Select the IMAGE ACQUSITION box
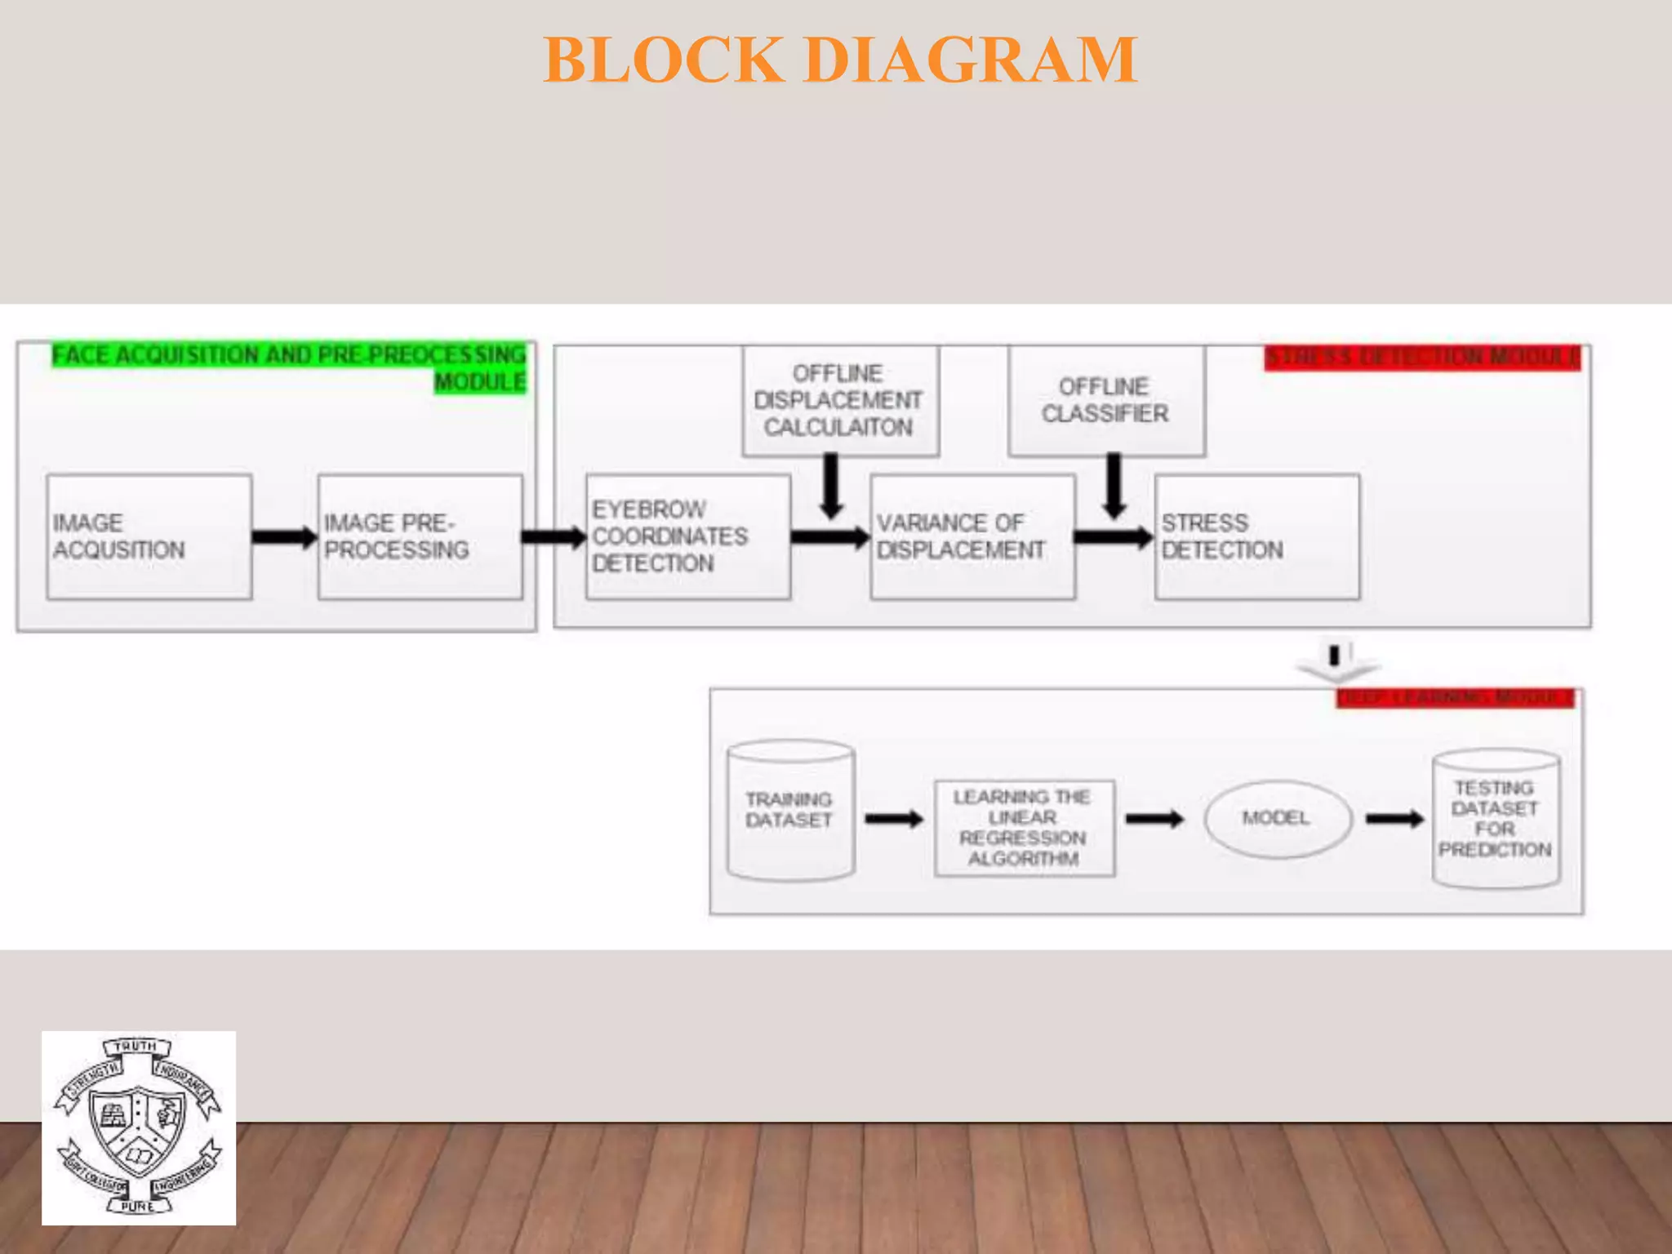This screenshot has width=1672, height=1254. pos(149,536)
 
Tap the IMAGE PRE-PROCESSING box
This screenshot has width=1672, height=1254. pos(420,536)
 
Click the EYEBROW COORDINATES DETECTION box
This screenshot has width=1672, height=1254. pos(687,536)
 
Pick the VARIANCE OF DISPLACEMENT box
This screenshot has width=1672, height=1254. pos(972,536)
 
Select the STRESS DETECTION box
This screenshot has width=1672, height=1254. pos(1256,536)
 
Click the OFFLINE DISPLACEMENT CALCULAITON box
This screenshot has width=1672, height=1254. pos(840,400)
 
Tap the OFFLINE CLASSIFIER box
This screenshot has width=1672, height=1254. pos(1106,400)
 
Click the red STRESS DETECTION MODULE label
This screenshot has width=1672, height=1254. pos(1421,358)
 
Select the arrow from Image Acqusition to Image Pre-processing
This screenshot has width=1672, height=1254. pos(283,536)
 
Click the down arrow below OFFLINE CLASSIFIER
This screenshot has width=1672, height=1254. pos(1114,486)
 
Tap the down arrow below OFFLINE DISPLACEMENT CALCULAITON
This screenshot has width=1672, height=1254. pos(831,486)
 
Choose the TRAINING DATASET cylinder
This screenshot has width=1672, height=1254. pos(790,810)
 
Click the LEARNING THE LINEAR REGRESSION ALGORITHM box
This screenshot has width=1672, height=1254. pos(1024,827)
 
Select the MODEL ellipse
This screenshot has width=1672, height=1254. pos(1277,818)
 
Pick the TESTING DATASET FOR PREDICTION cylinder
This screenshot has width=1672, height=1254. pos(1496,818)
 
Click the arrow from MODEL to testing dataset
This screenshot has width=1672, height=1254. pos(1394,818)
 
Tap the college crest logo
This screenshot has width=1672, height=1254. pos(139,1127)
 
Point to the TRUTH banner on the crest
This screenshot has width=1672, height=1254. pos(136,1046)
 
